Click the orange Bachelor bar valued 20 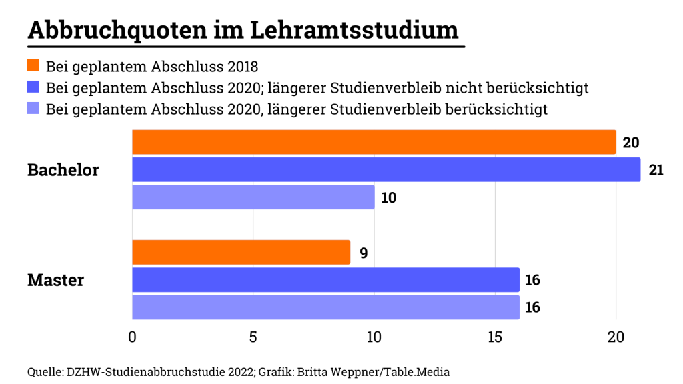(374, 142)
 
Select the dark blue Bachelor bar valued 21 (386, 169)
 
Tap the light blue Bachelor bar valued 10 (253, 197)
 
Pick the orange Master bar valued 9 (241, 252)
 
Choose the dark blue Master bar (325, 279)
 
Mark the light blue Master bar (325, 307)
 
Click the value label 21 (656, 170)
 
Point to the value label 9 (364, 253)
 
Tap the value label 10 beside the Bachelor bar (389, 197)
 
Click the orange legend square (33, 66)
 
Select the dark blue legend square (33, 87)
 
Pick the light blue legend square (33, 108)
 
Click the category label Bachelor (63, 170)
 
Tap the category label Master (55, 279)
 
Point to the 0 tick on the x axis (132, 337)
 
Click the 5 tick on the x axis (253, 337)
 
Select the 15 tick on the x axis (495, 337)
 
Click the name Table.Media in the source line (424, 371)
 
